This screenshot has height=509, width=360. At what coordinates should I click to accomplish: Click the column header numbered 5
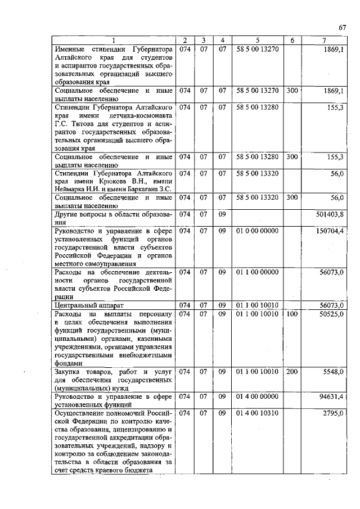coord(257,40)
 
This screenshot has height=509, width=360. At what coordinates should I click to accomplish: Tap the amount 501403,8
coord(331,215)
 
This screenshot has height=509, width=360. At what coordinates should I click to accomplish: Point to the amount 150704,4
coord(331,231)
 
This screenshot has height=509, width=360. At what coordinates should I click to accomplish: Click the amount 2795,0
coord(334,413)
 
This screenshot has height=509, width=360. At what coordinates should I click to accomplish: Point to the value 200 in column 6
coord(291,372)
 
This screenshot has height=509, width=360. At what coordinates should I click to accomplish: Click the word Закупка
coord(69,372)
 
